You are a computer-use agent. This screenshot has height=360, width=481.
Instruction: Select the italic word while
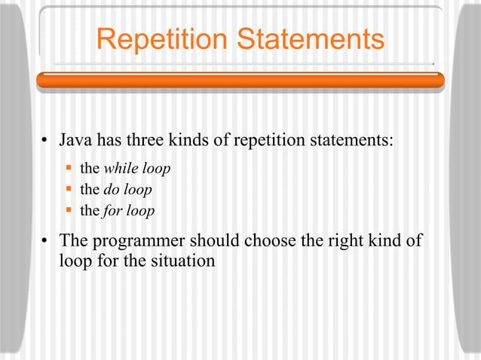[120, 169]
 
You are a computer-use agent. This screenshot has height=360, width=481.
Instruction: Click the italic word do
[111, 190]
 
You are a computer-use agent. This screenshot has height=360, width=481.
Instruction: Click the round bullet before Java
[46, 142]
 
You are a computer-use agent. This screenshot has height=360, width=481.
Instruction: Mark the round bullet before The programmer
[46, 243]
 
